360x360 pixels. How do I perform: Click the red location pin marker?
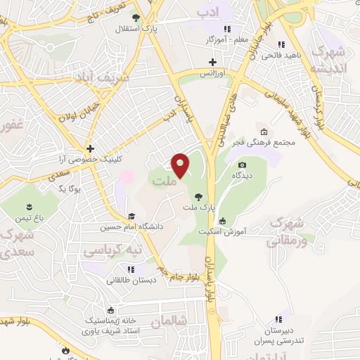pyautogui.click(x=181, y=165)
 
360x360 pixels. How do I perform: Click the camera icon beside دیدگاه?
pyautogui.click(x=243, y=165)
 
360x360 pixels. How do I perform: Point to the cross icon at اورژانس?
pyautogui.click(x=212, y=63)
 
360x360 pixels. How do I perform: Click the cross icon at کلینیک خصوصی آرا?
pyautogui.click(x=90, y=148)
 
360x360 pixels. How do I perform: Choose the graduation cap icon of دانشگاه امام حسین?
pyautogui.click(x=131, y=216)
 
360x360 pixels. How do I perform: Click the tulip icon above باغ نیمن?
pyautogui.click(x=30, y=206)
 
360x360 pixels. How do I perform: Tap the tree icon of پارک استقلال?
pyautogui.click(x=136, y=18)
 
